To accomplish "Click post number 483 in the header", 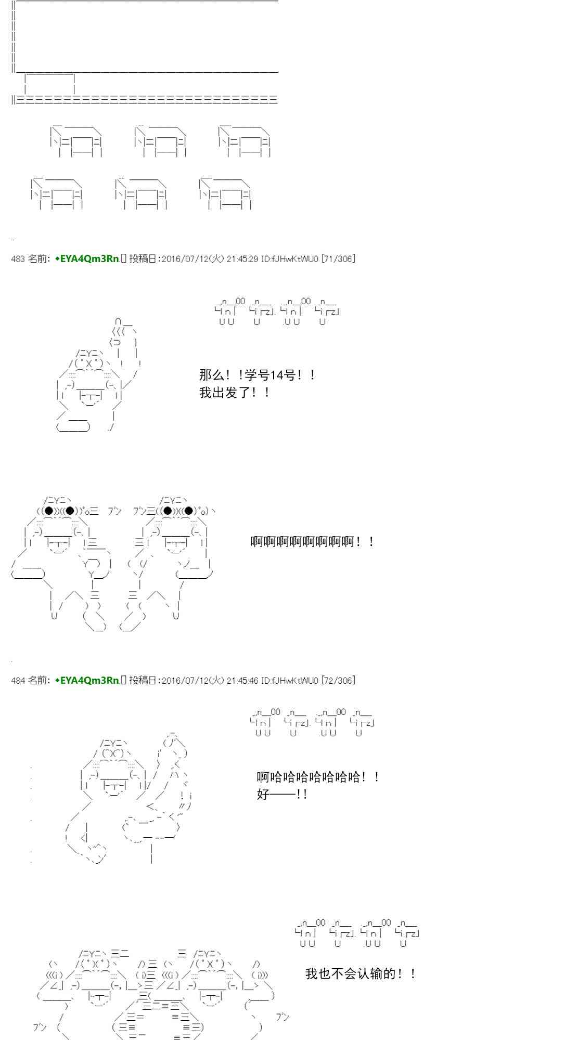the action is [x=18, y=259].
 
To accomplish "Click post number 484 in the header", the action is [x=18, y=680].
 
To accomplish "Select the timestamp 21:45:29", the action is [x=242, y=259].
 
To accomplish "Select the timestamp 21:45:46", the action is [x=242, y=680].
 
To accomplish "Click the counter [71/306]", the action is [x=339, y=259].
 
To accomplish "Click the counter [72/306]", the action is [x=339, y=680].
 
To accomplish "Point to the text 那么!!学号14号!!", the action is [x=257, y=375].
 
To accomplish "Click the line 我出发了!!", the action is [x=235, y=393].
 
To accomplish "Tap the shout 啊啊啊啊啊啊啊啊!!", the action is [x=312, y=542].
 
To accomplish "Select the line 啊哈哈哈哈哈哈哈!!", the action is [x=318, y=777].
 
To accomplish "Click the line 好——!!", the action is [x=281, y=795].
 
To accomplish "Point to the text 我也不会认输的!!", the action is [x=361, y=974].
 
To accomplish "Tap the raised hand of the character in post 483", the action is [x=124, y=333].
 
